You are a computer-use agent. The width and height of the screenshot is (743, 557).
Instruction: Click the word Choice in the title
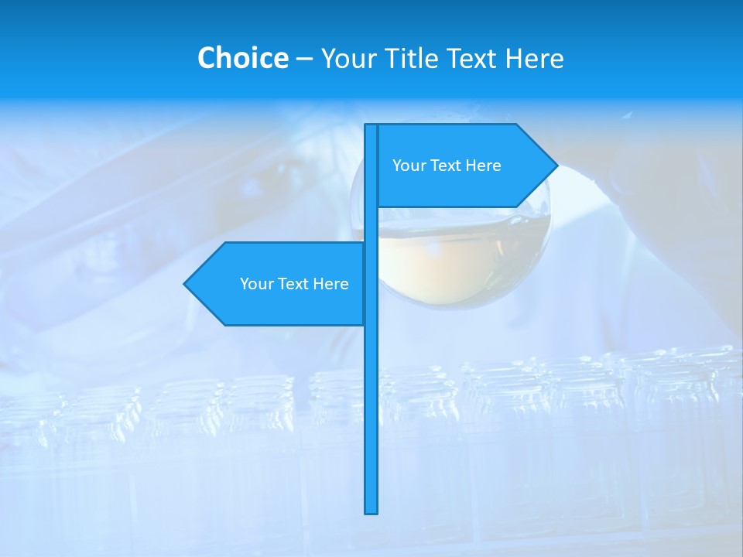242,58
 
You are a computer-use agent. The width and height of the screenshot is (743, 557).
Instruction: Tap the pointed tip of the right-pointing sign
556,165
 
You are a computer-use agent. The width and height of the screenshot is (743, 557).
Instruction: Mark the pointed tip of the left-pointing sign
186,284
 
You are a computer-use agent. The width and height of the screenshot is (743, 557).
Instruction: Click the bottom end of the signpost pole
371,511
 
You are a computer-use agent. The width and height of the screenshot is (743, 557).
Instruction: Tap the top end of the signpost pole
371,127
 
